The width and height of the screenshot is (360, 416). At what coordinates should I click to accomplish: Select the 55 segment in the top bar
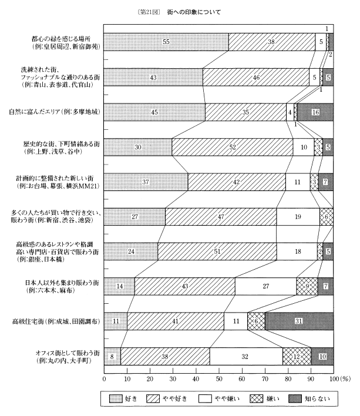[166, 42]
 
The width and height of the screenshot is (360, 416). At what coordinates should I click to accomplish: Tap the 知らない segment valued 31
[299, 321]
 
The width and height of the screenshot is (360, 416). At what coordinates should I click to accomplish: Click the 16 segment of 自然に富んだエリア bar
[315, 112]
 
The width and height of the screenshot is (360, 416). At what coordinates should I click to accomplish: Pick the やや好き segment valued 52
[233, 147]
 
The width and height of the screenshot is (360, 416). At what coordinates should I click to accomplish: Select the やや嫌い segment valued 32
[245, 356]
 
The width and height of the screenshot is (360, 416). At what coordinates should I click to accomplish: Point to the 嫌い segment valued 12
[297, 356]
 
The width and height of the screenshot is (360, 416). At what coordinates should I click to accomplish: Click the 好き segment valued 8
[112, 356]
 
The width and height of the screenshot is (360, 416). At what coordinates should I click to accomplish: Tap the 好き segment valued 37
[146, 182]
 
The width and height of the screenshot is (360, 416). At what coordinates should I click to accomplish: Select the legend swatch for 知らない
[300, 400]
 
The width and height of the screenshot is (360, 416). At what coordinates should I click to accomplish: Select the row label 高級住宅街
[58, 321]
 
